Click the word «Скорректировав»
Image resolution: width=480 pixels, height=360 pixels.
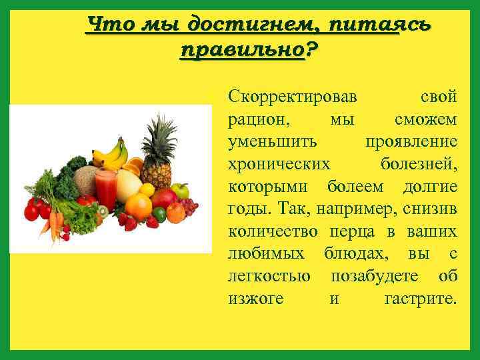[292, 97]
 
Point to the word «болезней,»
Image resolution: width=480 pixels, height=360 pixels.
[419, 165]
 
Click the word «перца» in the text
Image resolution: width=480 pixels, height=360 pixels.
[359, 232]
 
